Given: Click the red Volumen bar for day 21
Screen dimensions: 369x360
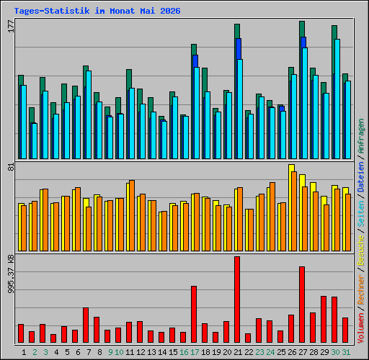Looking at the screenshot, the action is coord(237,300).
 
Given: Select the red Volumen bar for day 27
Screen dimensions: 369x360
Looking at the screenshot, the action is coord(302,305).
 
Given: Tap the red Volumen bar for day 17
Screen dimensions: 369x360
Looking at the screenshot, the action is coord(194,314).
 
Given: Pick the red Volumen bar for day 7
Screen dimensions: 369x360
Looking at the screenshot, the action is coord(86,325).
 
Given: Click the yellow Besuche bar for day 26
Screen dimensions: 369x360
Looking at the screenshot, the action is coord(290,207).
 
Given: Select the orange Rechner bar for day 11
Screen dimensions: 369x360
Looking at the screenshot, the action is coord(132,215).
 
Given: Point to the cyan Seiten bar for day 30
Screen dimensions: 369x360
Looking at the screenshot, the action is coord(337,99).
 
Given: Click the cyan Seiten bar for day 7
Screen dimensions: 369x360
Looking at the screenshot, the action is coord(89,114).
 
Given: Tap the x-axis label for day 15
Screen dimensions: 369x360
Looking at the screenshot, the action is coord(173,352).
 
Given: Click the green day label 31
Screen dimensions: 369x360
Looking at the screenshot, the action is coord(346,352).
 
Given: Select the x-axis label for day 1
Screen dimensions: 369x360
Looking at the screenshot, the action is coord(24,352).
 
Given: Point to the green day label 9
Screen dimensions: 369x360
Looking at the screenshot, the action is coord(110,352).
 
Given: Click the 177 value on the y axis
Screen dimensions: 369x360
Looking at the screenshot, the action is coord(11,27).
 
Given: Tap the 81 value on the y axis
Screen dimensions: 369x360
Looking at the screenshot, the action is coord(11,167).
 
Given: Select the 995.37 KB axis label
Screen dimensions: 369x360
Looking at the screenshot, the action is coord(11,274).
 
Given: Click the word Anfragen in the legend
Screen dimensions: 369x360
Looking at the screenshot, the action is coord(361,136).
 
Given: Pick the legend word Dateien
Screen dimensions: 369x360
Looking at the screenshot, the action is coord(361,177).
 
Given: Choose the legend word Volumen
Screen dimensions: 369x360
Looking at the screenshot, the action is coord(361,328).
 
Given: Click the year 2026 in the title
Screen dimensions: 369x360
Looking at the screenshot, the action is coord(170,11).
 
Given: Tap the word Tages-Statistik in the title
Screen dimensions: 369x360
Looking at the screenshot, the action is coord(52,11).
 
